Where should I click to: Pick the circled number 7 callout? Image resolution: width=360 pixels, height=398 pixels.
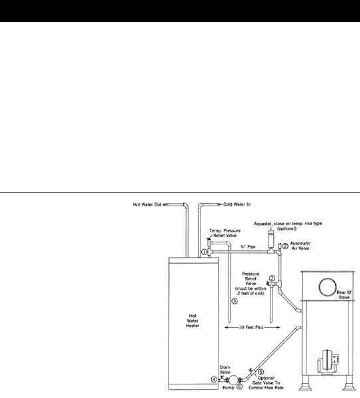coord(272,278)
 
